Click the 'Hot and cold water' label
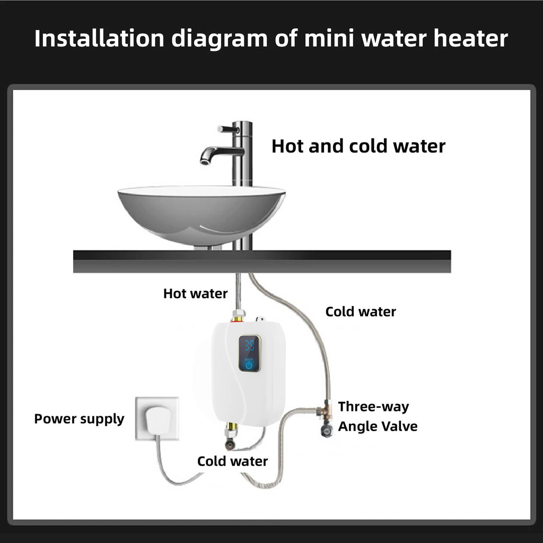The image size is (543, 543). click(358, 146)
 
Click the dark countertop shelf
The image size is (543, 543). click(262, 261)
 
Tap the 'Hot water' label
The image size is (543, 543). click(195, 293)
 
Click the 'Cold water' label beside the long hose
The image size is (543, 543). click(361, 311)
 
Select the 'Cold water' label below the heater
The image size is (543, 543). click(232, 461)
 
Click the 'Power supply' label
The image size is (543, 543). click(79, 418)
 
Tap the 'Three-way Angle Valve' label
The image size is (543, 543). click(378, 416)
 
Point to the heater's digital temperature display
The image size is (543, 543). click(249, 346)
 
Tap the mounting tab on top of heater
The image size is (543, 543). click(260, 320)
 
